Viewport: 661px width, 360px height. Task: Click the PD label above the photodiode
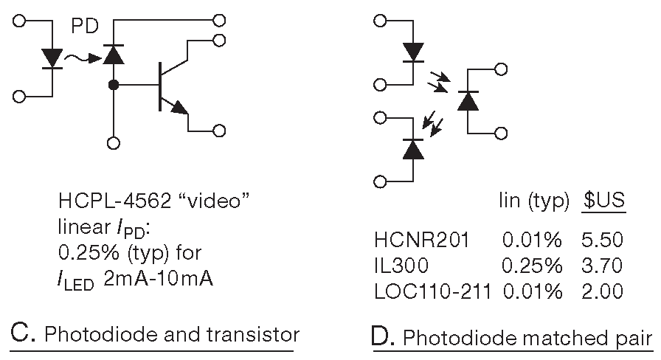pyautogui.click(x=86, y=27)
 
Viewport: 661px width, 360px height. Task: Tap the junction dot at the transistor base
pyautogui.click(x=114, y=86)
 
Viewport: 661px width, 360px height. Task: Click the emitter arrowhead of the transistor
pyautogui.click(x=180, y=108)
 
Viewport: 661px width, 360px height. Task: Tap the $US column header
pyautogui.click(x=605, y=200)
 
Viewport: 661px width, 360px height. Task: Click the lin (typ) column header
pyautogui.click(x=533, y=200)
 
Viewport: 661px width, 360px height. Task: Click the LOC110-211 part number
pyautogui.click(x=433, y=291)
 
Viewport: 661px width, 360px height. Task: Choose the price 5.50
pyautogui.click(x=603, y=239)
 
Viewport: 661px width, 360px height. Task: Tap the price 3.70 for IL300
pyautogui.click(x=603, y=265)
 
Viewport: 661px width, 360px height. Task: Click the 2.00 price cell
pyautogui.click(x=603, y=291)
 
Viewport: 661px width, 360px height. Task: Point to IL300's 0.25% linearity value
pyautogui.click(x=533, y=265)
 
